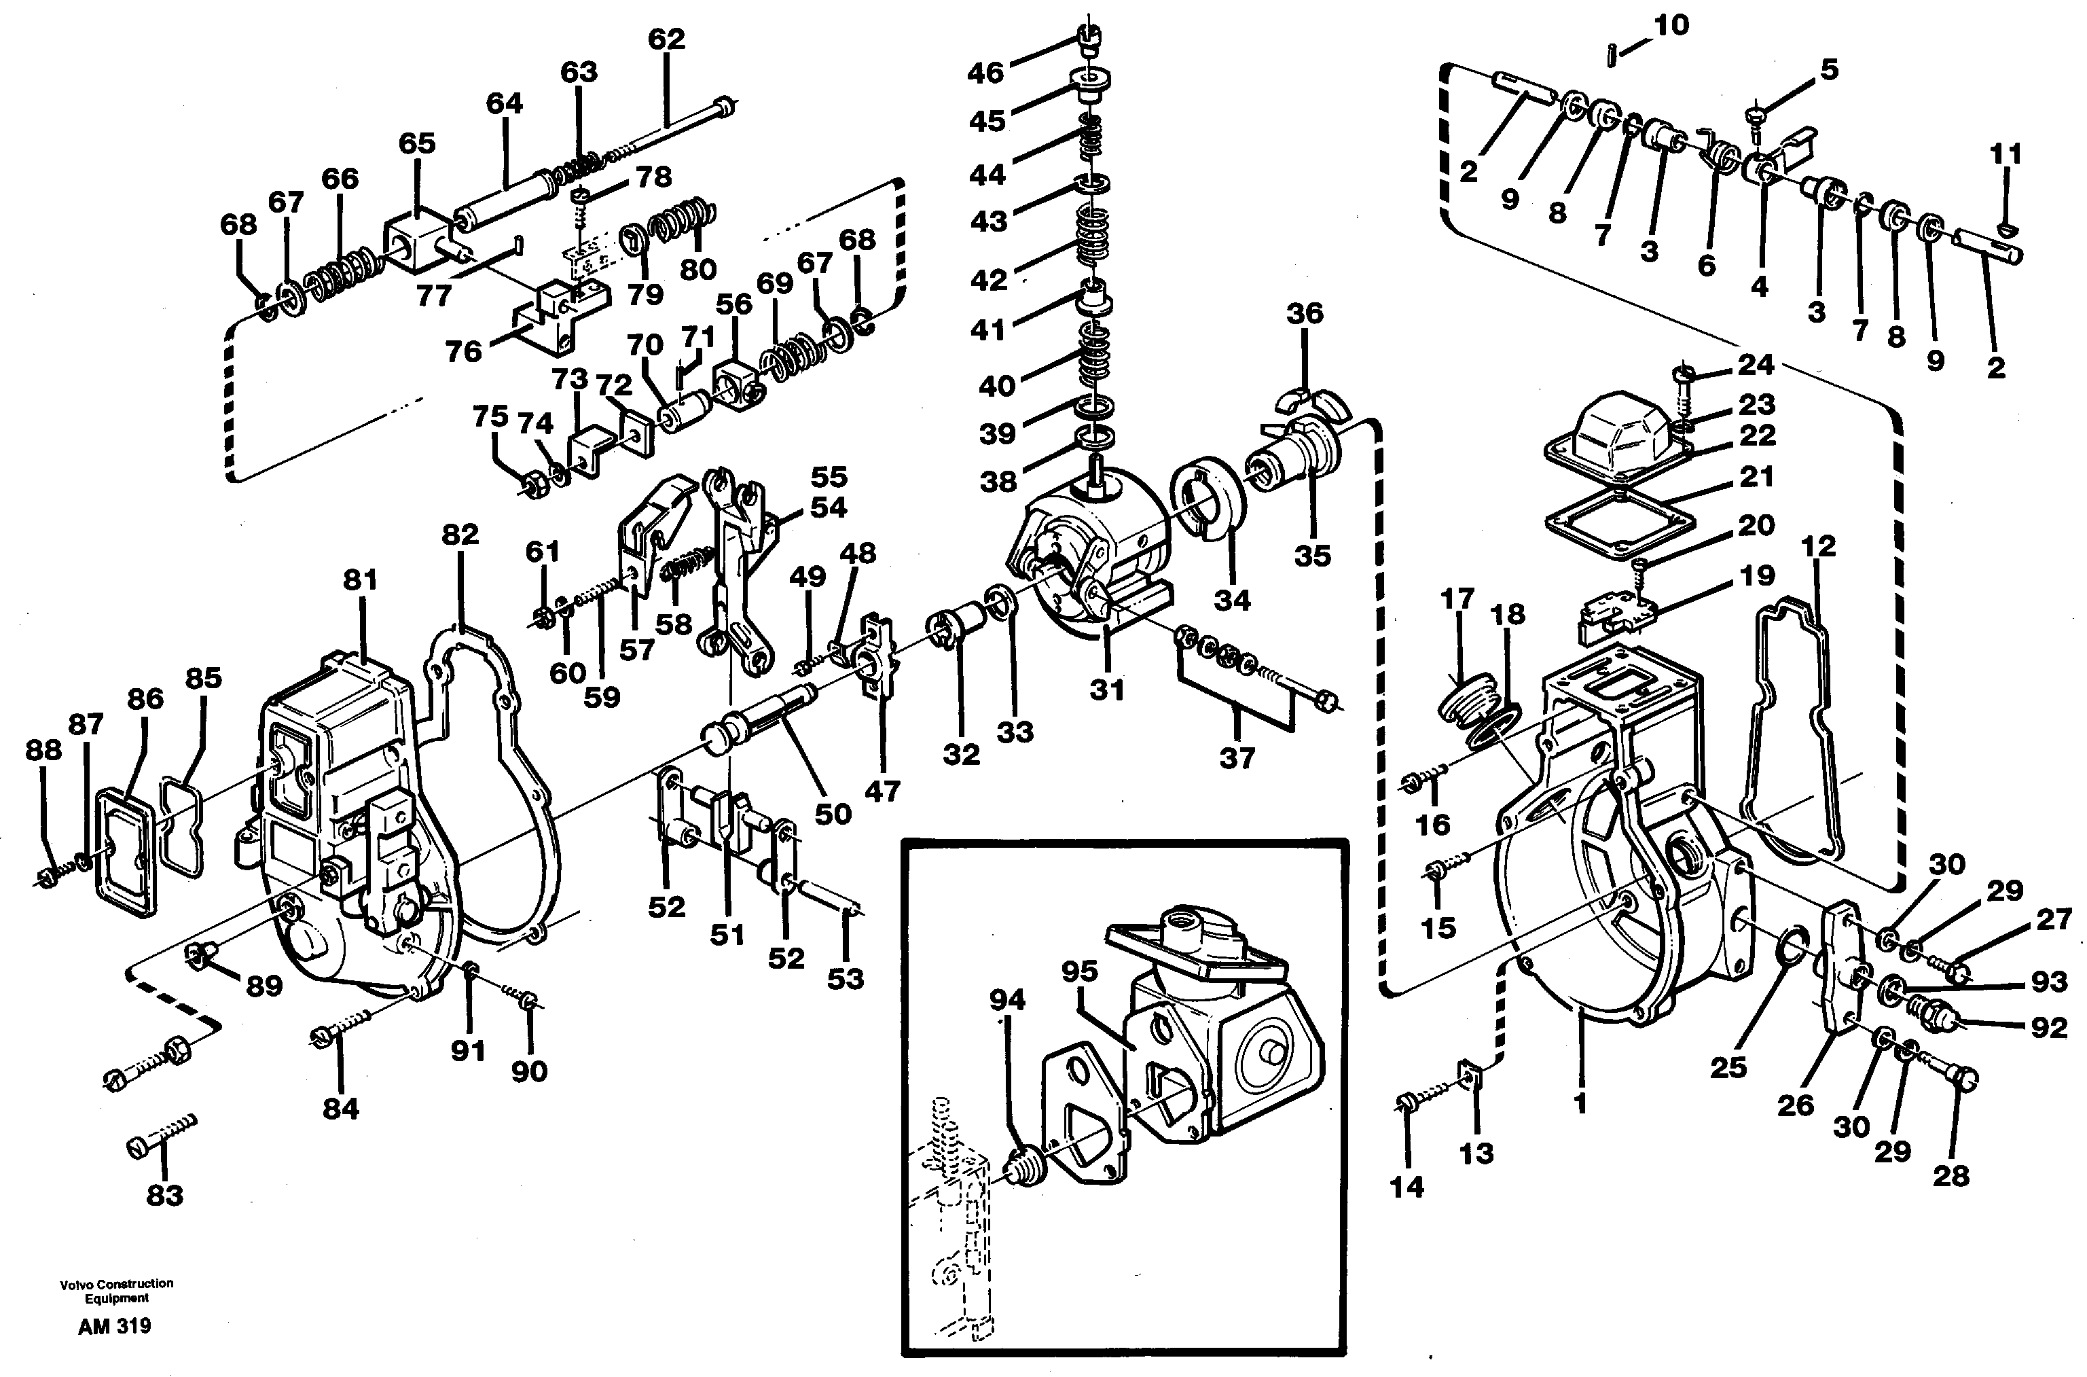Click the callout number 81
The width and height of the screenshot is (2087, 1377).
pos(360,579)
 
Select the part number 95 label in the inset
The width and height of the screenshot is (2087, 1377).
pos(1079,971)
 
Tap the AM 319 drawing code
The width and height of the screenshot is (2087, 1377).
pos(114,1326)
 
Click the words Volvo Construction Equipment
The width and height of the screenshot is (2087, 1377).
pos(116,1290)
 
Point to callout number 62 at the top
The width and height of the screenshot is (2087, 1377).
pos(666,39)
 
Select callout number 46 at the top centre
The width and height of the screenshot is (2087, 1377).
pos(985,73)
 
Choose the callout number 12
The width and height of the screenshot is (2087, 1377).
pos(1817,546)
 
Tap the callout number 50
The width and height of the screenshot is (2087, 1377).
pos(833,813)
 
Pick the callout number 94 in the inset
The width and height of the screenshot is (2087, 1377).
pos(1007,999)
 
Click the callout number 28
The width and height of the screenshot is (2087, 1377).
pos(1951,1175)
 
